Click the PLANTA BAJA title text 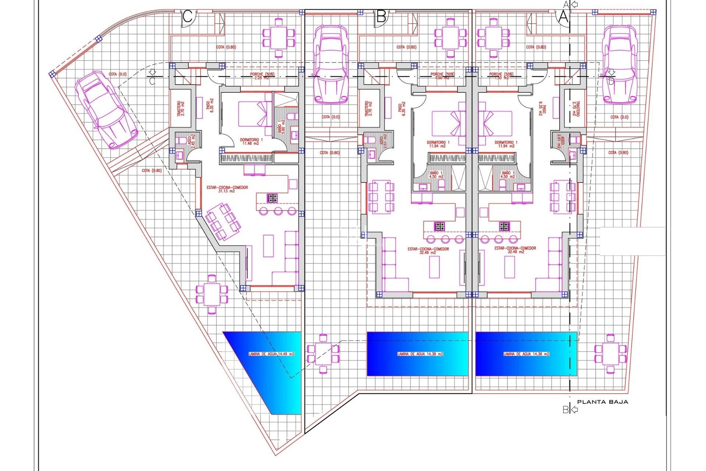point(602,402)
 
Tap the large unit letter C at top point(188,17)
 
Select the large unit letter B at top point(381,17)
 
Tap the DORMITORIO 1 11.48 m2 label point(252,142)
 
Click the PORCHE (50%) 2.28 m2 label point(262,76)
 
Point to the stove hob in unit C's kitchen point(272,198)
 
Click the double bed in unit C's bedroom point(255,114)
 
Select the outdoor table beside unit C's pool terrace point(212,294)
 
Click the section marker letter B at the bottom point(566,410)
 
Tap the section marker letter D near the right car point(611,81)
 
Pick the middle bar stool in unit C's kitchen point(278,211)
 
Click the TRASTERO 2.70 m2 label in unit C point(181,109)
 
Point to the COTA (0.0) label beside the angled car point(117,74)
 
